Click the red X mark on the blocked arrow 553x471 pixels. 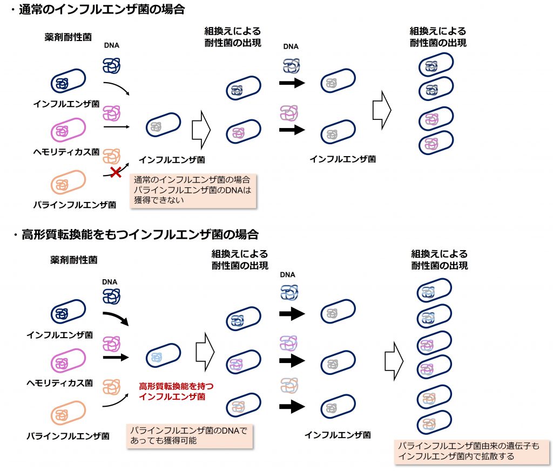pyautogui.click(x=116, y=172)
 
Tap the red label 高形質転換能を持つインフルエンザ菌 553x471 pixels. pyautogui.click(x=176, y=391)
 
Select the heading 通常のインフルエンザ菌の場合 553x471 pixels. pyautogui.click(x=102, y=10)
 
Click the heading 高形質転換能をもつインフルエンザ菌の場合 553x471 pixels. pyautogui.click(x=140, y=234)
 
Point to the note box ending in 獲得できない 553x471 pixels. pyautogui.click(x=193, y=190)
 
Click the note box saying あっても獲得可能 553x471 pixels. pyautogui.click(x=190, y=436)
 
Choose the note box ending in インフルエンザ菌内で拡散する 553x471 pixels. pyautogui.click(x=472, y=451)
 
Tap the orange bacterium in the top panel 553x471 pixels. pyautogui.click(x=68, y=181)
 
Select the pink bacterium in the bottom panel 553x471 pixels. pyautogui.click(x=68, y=360)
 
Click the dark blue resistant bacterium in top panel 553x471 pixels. pyautogui.click(x=68, y=81)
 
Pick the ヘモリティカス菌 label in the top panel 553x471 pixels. pyautogui.click(x=66, y=152)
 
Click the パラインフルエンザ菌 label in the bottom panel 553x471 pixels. pyautogui.click(x=68, y=436)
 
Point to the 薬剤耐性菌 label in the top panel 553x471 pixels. pyautogui.click(x=68, y=37)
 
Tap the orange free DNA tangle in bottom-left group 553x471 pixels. pyautogui.click(x=111, y=387)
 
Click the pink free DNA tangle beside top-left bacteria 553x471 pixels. pyautogui.click(x=111, y=113)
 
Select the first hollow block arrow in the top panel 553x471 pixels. pyautogui.click(x=201, y=130)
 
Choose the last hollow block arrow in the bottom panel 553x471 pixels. pyautogui.click(x=394, y=361)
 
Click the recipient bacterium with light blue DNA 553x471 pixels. pyautogui.click(x=163, y=355)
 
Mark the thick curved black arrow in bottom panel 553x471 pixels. pyautogui.click(x=116, y=318)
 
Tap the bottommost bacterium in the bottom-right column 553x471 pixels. pyautogui.click(x=434, y=422)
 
